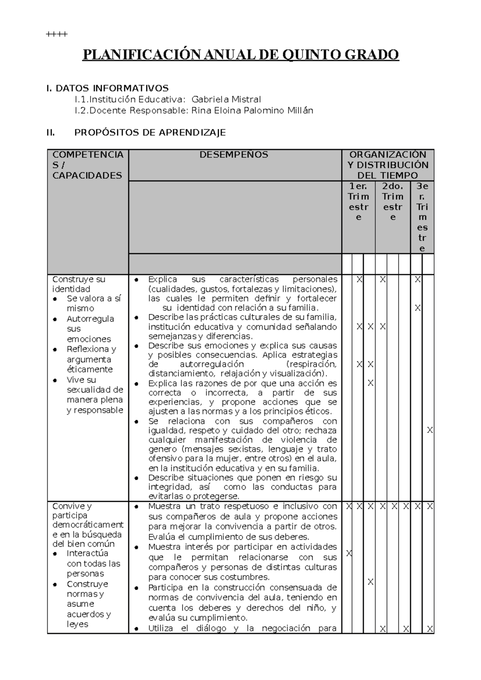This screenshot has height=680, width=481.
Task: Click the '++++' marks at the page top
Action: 57,34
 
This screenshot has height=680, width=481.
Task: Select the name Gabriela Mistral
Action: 226,99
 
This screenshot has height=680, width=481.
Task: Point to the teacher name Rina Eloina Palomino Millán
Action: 252,111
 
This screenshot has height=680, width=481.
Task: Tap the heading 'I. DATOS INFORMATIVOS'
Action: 107,88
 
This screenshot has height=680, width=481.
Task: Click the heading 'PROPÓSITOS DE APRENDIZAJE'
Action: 150,133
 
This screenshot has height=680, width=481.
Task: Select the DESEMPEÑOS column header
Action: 234,155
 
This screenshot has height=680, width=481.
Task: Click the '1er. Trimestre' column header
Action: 358,201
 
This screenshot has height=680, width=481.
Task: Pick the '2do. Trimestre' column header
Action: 392,201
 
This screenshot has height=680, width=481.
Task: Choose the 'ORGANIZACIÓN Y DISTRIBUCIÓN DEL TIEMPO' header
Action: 388,165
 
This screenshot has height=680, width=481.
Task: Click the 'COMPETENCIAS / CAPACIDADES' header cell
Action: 87,165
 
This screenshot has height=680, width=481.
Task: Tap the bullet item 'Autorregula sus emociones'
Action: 90,329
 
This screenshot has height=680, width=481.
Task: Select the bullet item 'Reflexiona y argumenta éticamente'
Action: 91,359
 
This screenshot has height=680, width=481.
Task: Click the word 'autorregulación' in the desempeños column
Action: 212,364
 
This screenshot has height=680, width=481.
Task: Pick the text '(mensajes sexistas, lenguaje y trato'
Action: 242,449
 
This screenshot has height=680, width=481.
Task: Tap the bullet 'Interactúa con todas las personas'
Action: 93,563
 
